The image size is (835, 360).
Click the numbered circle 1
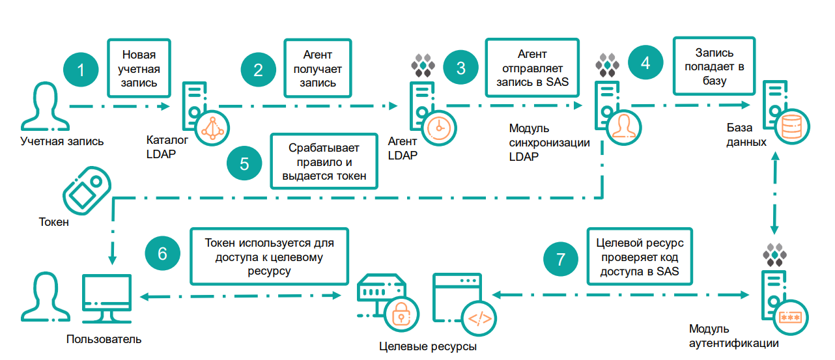pos(81,70)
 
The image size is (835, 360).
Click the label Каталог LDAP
pos(167,146)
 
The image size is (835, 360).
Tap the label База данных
pos(746,135)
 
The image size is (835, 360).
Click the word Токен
pos(54,223)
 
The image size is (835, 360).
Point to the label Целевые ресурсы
pos(427,346)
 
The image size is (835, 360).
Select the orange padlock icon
pos(401,316)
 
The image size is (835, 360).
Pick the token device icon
pos(83,190)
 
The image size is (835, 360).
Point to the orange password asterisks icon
pos(789,318)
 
